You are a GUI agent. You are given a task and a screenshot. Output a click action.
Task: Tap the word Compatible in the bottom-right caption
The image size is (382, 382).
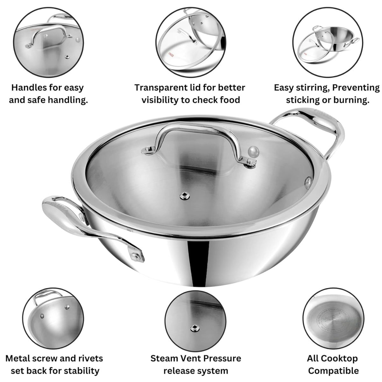point(333,371)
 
